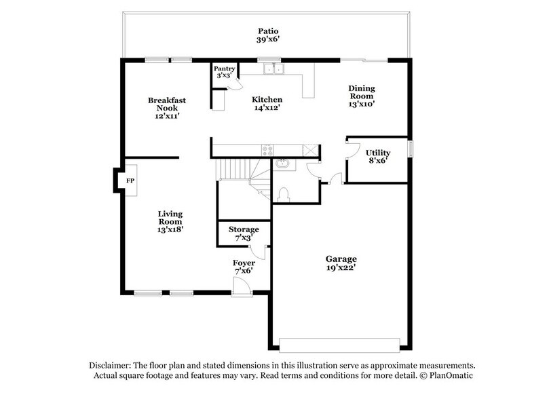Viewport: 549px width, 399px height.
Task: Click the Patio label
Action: click(x=267, y=35)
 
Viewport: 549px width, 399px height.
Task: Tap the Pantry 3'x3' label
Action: click(x=224, y=72)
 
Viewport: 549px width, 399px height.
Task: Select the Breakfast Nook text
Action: click(x=166, y=108)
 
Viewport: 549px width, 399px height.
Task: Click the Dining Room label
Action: click(x=362, y=96)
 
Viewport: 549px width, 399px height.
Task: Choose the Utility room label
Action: click(x=377, y=157)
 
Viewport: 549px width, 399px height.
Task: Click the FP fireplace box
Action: click(x=130, y=181)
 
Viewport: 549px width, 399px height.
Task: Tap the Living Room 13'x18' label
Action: click(x=170, y=222)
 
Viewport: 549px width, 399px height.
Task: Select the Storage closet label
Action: click(x=243, y=233)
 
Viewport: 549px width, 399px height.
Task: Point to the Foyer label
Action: click(x=244, y=267)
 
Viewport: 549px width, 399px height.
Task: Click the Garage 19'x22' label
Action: click(x=340, y=263)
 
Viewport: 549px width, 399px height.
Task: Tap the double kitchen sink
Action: click(x=274, y=69)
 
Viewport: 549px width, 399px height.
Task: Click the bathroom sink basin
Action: click(x=282, y=164)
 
